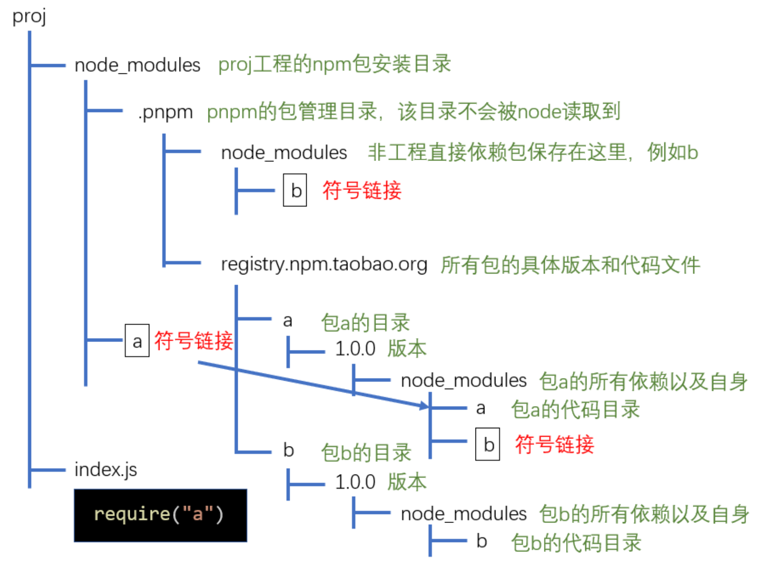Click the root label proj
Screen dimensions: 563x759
click(29, 17)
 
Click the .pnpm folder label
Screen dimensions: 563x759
click(165, 112)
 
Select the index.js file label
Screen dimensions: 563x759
click(106, 470)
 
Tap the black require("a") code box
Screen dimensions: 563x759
click(160, 515)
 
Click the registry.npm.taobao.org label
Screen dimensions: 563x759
click(324, 264)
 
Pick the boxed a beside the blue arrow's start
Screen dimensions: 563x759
click(137, 341)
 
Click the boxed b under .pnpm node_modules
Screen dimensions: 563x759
click(295, 190)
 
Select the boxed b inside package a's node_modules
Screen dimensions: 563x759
click(487, 444)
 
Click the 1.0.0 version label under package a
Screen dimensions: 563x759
click(355, 349)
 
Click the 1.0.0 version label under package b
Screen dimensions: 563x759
click(355, 482)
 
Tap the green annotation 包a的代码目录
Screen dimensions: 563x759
click(575, 409)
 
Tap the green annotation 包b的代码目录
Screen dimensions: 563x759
click(576, 543)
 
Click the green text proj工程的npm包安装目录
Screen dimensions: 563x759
click(335, 64)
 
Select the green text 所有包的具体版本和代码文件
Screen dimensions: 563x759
click(570, 265)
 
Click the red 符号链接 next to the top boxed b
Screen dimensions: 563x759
click(362, 191)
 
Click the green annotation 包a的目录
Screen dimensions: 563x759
click(365, 322)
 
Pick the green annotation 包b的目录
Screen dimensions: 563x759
click(366, 452)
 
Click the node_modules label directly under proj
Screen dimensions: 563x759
click(137, 65)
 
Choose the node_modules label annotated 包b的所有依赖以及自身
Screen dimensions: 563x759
click(463, 514)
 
